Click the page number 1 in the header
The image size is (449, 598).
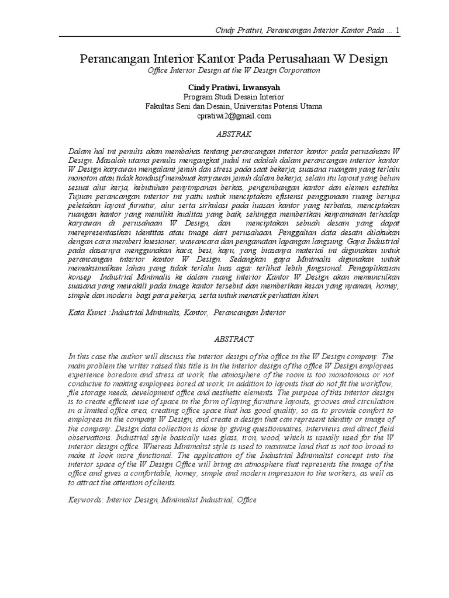(x=398, y=30)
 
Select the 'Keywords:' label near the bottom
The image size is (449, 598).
(x=86, y=500)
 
